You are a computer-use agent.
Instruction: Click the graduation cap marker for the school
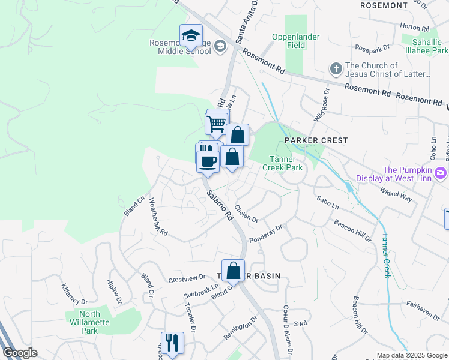pos(191,35)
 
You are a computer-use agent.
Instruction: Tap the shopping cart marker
pos(216,124)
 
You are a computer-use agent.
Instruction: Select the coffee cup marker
pos(208,161)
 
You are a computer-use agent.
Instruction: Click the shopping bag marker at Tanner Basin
pos(233,270)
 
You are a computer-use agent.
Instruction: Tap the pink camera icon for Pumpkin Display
pos(441,173)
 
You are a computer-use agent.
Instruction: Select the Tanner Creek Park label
pos(282,163)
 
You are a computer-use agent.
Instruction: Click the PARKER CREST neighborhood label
pos(316,140)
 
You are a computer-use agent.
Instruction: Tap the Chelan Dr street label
pos(246,212)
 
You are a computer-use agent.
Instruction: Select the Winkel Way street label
pos(396,193)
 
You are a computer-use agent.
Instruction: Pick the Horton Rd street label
pos(417,28)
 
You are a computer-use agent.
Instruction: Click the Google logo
pos(20,353)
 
